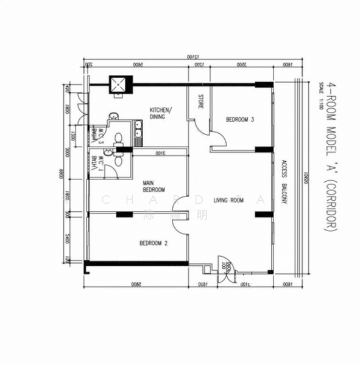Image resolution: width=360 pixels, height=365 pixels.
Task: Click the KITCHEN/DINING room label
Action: pos(162,113)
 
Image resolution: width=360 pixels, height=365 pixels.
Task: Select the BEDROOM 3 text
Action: pos(239,120)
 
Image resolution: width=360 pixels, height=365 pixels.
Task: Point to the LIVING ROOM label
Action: pos(228,200)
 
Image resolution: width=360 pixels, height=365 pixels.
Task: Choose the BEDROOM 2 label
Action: pos(153,243)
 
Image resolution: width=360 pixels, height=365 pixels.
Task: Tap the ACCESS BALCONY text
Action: pos(284,182)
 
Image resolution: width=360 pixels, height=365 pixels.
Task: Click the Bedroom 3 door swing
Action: pos(220,141)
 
